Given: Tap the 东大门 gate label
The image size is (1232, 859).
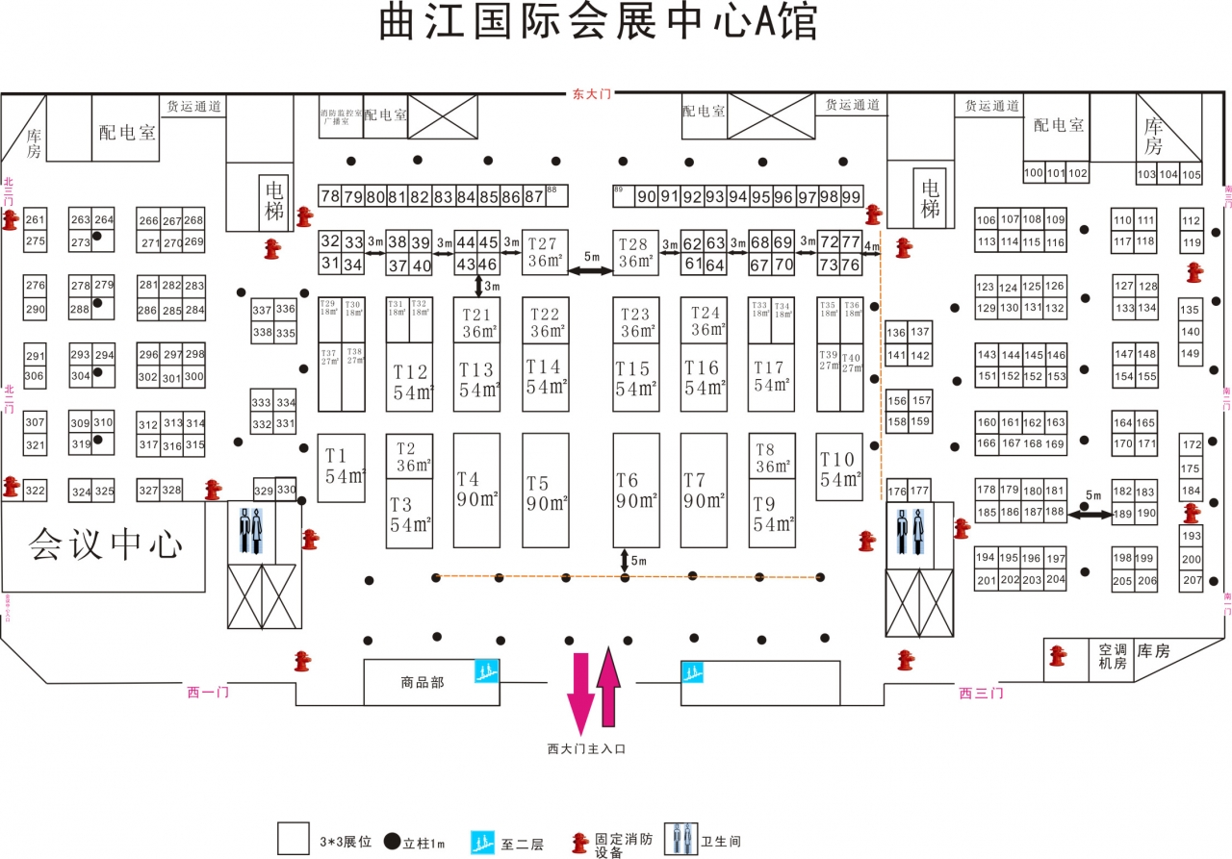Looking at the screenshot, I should pos(591,93).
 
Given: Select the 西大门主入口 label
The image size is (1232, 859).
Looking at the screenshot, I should pos(586,747).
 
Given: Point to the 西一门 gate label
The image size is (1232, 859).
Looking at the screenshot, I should pos(208,692).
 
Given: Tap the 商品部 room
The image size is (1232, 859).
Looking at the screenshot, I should pos(423,683).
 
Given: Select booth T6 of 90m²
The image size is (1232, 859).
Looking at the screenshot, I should pos(636,491).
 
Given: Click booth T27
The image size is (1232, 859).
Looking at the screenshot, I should pos(545,251).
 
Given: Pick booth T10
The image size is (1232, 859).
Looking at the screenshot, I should pos(838,467).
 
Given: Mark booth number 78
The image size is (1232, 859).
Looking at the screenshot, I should pos(330,196).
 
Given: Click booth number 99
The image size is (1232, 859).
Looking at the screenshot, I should pos(851,196).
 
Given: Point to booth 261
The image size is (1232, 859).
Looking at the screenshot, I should pos(36,220).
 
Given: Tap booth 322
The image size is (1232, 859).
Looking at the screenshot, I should pos(36,491).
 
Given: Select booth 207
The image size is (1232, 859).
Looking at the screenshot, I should pos(1192,580).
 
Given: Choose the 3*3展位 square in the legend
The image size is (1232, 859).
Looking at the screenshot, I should pos(293,838).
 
